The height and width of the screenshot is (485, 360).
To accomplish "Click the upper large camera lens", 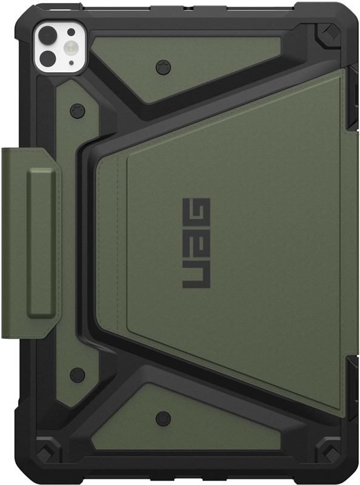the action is (x=47, y=33).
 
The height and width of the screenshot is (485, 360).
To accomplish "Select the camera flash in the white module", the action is (x=71, y=47).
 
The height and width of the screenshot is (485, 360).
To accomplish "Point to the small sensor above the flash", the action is (x=71, y=32).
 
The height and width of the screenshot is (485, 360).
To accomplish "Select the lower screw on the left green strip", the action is (x=77, y=375).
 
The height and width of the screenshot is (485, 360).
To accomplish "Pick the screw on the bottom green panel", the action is (x=163, y=419).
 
